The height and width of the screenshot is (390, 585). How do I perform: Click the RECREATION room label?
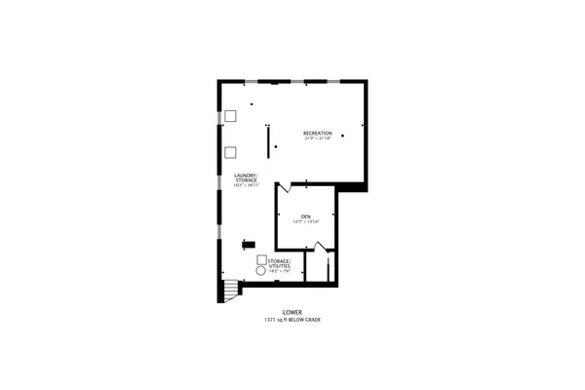coord(317,133)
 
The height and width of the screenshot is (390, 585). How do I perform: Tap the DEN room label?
coord(305,216)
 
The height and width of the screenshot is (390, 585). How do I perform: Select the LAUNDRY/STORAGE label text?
coord(246,177)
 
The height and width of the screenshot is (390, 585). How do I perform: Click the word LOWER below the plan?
coord(293,313)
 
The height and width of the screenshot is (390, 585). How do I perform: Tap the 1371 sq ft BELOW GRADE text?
coord(293,321)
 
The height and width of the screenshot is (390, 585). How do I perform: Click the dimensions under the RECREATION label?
coord(317,138)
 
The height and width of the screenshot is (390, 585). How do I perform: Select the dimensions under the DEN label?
coord(305,222)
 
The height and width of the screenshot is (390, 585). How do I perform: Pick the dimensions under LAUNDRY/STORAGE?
coord(246,185)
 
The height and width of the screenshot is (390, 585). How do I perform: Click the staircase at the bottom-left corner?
coord(229,290)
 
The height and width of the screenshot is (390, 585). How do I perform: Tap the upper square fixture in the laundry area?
coord(230,116)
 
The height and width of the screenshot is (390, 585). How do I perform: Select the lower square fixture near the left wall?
coord(230,151)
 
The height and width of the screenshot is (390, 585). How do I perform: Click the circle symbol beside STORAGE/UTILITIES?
coord(261,272)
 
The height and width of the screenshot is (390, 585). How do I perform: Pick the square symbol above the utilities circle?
coord(261,260)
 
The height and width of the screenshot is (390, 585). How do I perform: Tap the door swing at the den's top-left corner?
coord(284,185)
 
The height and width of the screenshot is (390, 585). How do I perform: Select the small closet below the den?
coord(316,268)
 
